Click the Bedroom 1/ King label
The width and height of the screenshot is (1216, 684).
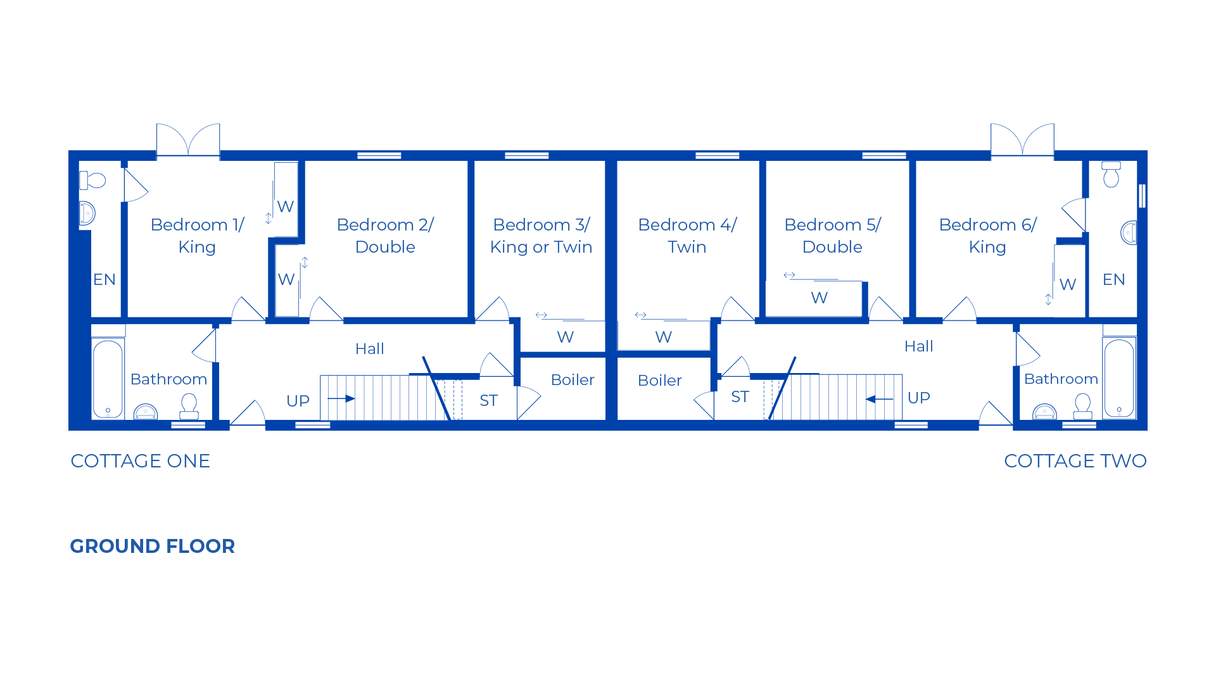tap(197, 236)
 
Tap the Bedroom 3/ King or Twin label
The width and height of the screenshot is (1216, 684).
tap(541, 236)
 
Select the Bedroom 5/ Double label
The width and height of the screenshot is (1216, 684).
tap(832, 236)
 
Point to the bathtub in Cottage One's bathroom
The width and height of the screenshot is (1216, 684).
tap(108, 379)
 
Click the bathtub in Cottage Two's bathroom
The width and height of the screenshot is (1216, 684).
tap(1119, 378)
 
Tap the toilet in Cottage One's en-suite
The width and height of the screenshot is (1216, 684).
tap(92, 180)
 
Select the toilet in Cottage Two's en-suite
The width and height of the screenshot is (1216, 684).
tap(1111, 174)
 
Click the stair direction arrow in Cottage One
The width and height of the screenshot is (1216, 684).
tap(341, 398)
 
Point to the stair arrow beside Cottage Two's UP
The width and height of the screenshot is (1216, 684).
tap(879, 399)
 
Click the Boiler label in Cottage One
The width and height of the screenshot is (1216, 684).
tap(573, 380)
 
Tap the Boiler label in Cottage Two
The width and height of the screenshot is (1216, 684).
tap(659, 381)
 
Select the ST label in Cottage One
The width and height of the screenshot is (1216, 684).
tap(488, 400)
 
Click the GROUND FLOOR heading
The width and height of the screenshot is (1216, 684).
tap(152, 546)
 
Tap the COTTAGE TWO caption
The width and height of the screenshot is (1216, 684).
tap(1075, 461)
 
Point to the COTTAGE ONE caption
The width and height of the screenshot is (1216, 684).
tap(140, 461)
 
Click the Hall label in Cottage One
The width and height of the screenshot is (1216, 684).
tap(369, 349)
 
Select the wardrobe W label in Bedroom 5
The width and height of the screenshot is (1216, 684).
tap(819, 298)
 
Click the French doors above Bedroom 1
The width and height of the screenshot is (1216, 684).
tap(188, 139)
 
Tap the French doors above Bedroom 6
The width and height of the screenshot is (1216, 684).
tap(1022, 139)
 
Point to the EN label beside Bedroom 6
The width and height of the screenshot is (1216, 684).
tap(1113, 280)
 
